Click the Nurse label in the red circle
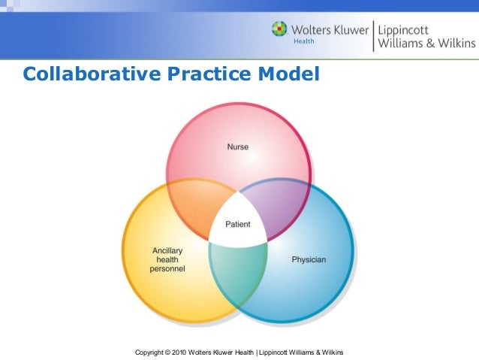pos(238,147)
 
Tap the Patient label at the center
pos(238,224)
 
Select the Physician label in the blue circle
pos(309,259)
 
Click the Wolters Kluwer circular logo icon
pos(279,30)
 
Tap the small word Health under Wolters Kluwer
pos(303,42)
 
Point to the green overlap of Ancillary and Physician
pos(238,271)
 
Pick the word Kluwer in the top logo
pos(349,29)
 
